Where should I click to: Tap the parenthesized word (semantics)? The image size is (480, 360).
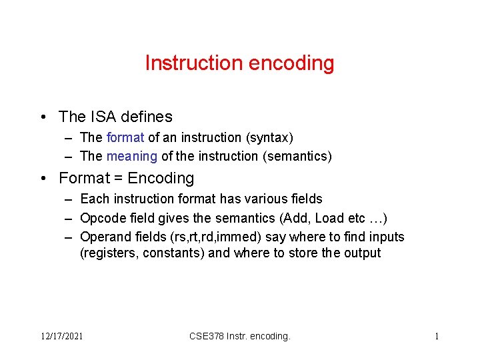coord(299,156)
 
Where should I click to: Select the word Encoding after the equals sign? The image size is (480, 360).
coord(161,178)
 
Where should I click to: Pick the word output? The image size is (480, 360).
coord(362,253)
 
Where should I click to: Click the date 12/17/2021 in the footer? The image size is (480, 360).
coord(61,337)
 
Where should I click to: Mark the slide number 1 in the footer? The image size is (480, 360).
coord(437,337)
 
